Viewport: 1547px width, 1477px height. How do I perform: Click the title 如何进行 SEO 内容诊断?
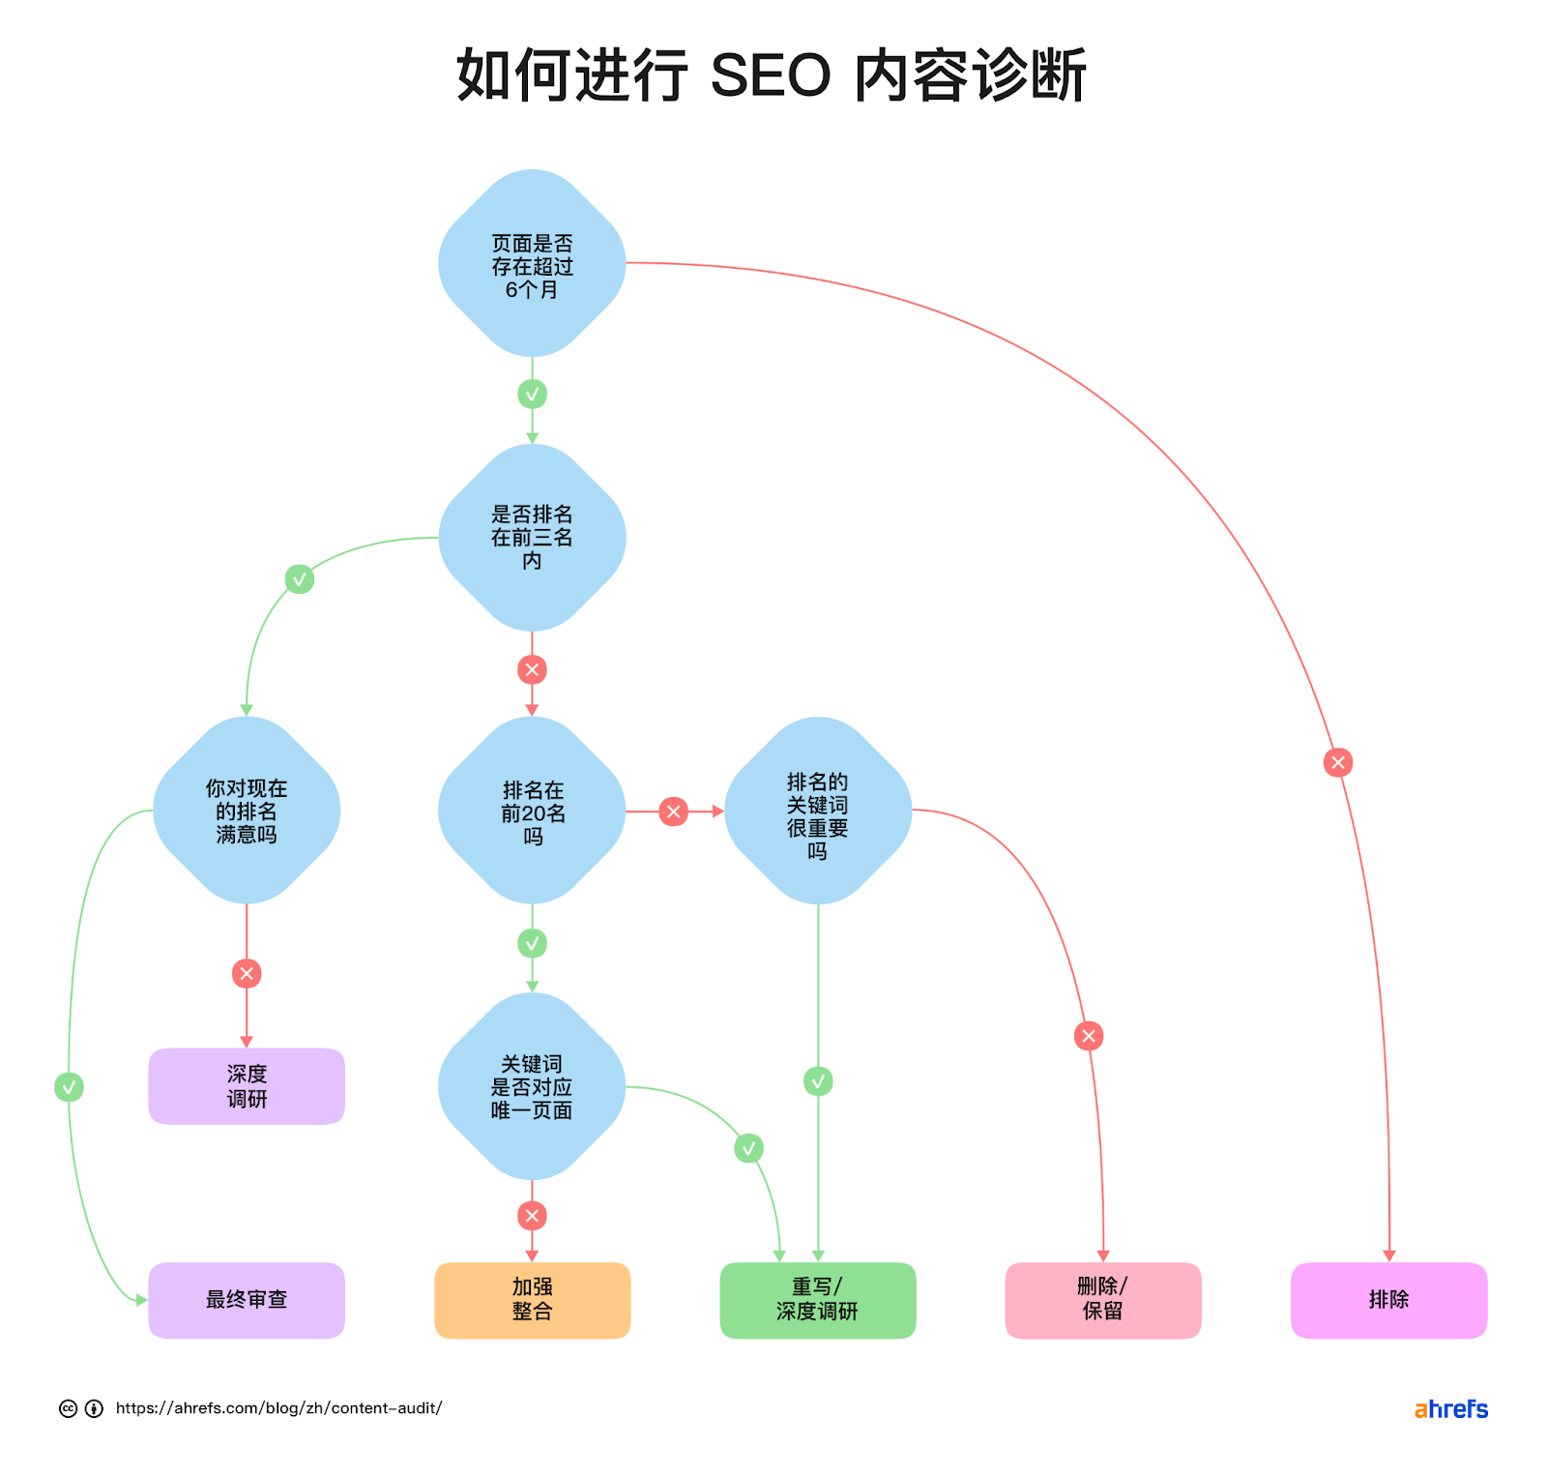(x=772, y=75)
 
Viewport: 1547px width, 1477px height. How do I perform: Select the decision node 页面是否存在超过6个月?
(x=532, y=264)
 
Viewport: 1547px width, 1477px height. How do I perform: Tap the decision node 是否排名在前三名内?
(x=532, y=538)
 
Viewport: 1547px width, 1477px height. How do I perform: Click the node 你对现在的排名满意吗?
(x=247, y=811)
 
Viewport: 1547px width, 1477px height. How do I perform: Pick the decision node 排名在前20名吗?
(x=532, y=811)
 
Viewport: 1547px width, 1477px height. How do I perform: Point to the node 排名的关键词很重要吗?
(x=818, y=811)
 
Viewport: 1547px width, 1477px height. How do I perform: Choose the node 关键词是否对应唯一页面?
(x=532, y=1086)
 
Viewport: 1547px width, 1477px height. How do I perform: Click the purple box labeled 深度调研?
(x=247, y=1086)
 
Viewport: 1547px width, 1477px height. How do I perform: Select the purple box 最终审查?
(x=247, y=1300)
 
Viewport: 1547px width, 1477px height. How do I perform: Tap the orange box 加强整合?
(x=532, y=1300)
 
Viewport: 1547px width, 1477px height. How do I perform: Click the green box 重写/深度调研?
(x=818, y=1300)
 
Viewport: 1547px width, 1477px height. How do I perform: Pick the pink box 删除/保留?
(x=1103, y=1300)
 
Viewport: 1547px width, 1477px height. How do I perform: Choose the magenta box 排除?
(x=1388, y=1300)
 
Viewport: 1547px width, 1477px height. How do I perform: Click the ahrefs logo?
(x=1450, y=1409)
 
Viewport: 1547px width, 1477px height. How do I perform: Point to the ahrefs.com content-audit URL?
(x=278, y=1408)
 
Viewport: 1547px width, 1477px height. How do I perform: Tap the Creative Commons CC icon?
(x=68, y=1408)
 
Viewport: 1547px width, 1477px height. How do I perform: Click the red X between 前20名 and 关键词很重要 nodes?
(x=674, y=812)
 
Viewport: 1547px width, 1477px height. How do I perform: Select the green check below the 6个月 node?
(x=532, y=394)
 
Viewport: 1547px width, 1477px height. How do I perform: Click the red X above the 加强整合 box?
(x=532, y=1216)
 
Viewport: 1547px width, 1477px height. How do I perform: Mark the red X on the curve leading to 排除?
(x=1338, y=762)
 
